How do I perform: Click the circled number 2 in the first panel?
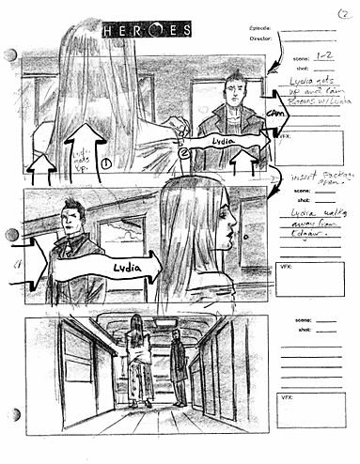[185, 150]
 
